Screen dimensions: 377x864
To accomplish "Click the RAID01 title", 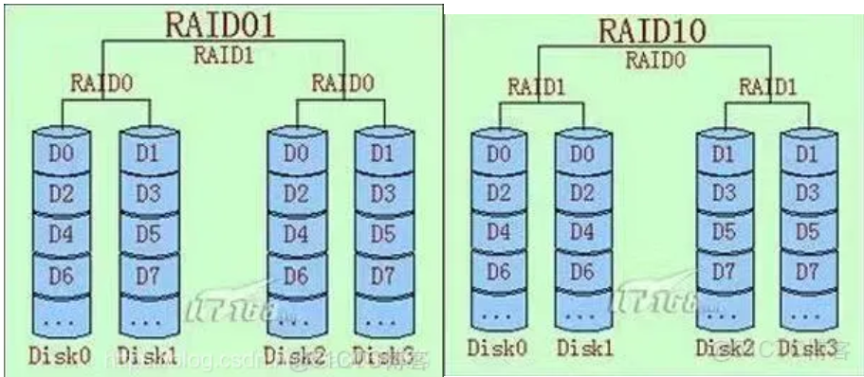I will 220,23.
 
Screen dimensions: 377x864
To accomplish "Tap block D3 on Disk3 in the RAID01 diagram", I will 382,194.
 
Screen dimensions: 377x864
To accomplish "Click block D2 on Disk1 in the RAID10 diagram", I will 584,193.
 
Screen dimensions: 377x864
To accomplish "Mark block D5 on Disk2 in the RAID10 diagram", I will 725,232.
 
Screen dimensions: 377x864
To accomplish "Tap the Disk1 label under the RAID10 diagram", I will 582,348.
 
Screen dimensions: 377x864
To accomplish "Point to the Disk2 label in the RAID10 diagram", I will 724,348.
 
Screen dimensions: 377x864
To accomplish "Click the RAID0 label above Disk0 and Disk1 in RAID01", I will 101,82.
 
